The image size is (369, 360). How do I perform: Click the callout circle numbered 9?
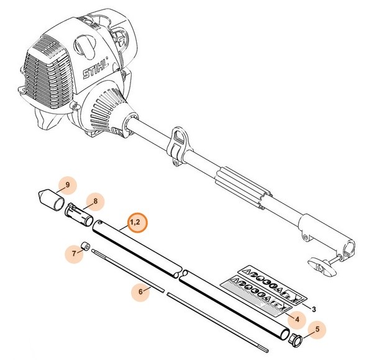point(68,184)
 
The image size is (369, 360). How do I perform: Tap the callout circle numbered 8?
point(96,201)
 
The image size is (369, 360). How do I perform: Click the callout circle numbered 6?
point(141,290)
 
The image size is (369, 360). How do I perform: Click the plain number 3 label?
point(314,308)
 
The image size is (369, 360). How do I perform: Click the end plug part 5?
point(296,339)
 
